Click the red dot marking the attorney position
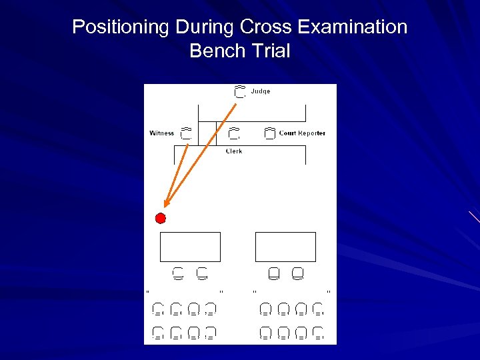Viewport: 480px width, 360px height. click(x=160, y=218)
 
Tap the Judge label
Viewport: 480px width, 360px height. click(x=260, y=91)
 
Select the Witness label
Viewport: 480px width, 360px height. click(x=161, y=133)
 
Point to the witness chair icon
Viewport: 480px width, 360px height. click(x=186, y=133)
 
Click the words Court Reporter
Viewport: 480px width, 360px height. click(x=302, y=133)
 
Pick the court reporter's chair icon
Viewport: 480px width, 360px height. click(x=269, y=133)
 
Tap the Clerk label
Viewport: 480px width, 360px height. click(x=233, y=151)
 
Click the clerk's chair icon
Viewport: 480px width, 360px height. click(x=233, y=133)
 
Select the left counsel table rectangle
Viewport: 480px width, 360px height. click(x=190, y=247)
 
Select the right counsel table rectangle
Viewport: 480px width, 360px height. click(x=285, y=247)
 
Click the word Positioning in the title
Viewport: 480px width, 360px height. click(x=121, y=27)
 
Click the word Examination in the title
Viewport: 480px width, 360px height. click(x=352, y=27)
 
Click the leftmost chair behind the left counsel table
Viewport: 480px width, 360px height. click(x=178, y=273)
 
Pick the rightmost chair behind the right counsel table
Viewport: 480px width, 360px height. click(x=297, y=273)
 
